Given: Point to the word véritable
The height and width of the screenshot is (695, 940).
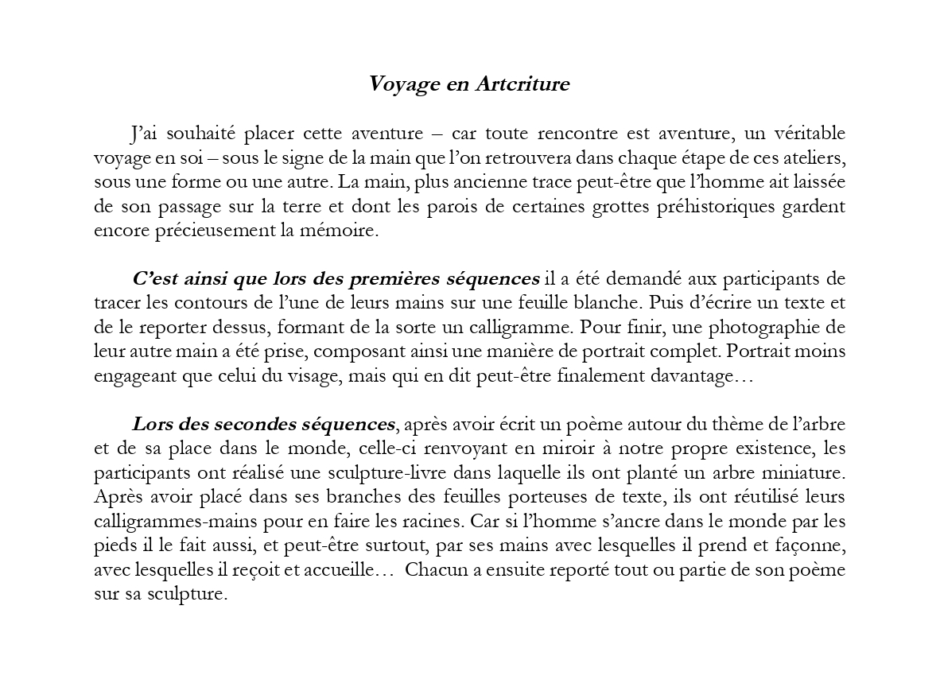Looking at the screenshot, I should click(803, 132).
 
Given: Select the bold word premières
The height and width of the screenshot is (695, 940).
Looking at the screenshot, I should click(389, 279).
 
